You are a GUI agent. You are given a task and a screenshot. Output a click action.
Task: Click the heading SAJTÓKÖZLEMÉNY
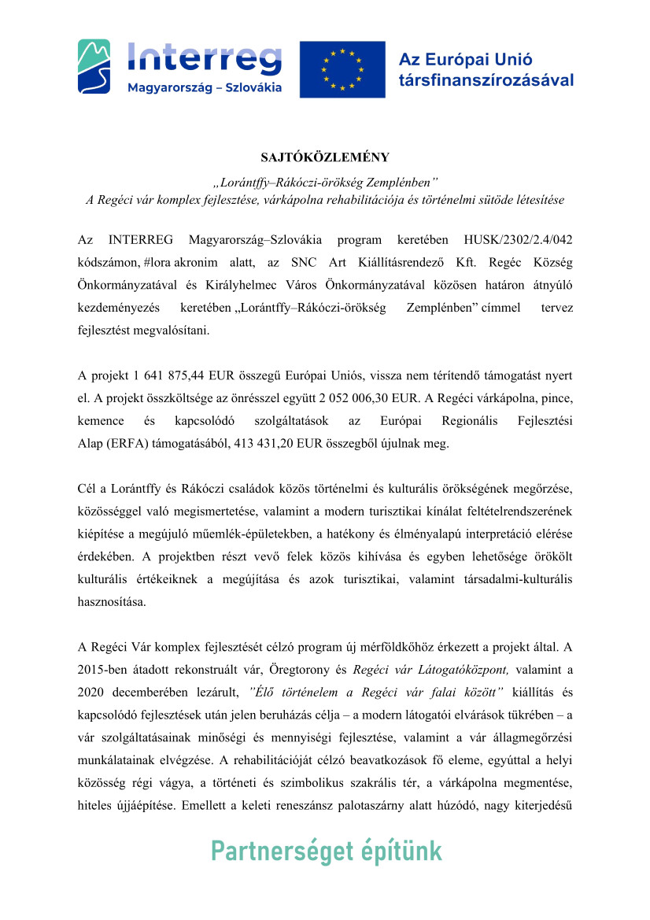pyautogui.click(x=325, y=157)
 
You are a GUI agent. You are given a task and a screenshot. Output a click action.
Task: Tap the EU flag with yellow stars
pyautogui.click(x=342, y=69)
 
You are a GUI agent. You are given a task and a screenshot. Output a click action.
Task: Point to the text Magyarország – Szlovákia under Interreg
pyautogui.click(x=205, y=87)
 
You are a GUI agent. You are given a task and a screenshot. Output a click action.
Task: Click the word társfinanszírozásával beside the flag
pyautogui.click(x=486, y=80)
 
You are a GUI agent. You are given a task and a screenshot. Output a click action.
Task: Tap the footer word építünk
pyautogui.click(x=404, y=852)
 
